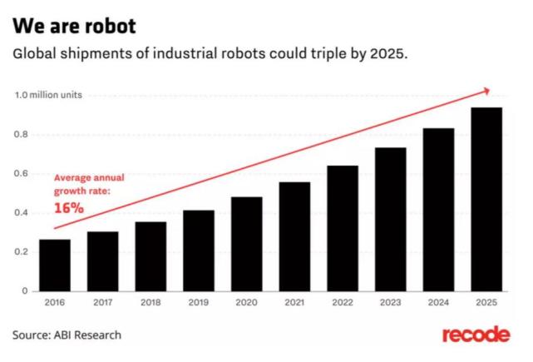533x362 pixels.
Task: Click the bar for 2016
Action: coord(55,265)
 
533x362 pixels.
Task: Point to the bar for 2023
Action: coord(391,218)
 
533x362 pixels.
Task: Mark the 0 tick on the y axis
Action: coord(24,291)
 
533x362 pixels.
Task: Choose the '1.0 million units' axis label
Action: coord(47,96)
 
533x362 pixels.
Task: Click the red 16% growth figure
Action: coord(69,208)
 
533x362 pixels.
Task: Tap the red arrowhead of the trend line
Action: coord(486,90)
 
